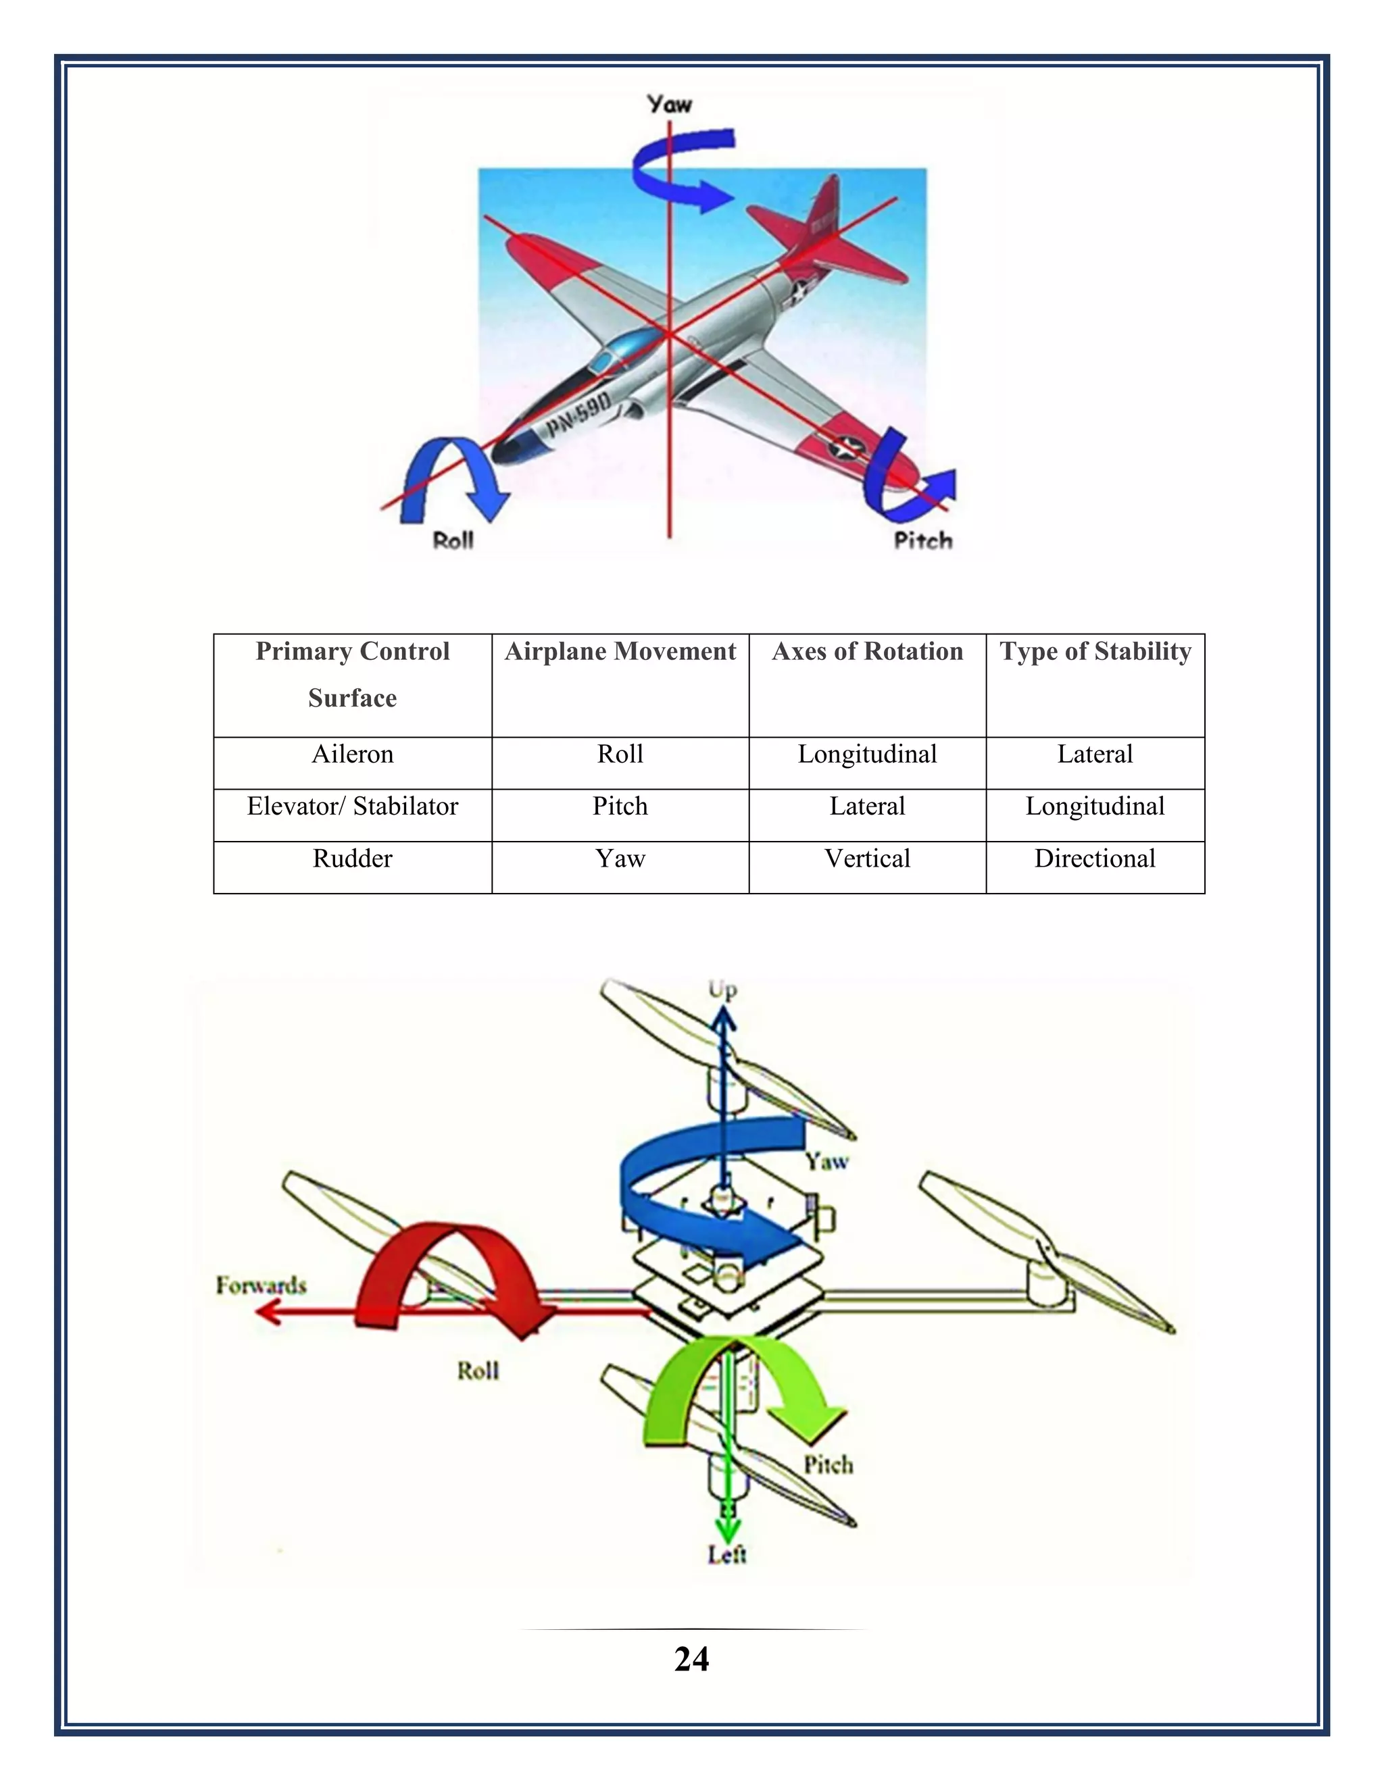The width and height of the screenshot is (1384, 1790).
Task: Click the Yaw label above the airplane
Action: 669,104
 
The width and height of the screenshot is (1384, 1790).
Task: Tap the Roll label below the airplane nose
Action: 453,541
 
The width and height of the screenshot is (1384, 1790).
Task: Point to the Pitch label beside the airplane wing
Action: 922,541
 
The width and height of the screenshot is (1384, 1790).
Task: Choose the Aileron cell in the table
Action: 353,754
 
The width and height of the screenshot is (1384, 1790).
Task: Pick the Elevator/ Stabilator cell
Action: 353,807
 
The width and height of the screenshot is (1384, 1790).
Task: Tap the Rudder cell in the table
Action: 353,859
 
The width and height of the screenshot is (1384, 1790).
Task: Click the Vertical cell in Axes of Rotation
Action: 866,859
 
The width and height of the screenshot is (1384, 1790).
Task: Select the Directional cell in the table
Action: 1095,859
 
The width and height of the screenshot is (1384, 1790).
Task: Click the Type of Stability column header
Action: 1095,652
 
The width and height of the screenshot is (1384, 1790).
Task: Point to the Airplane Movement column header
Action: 620,652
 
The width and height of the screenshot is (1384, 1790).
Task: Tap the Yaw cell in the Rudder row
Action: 620,859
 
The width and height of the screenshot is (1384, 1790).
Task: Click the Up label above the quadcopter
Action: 722,990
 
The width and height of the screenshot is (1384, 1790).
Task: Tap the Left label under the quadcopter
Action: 726,1554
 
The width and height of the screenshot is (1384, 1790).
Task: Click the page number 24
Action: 691,1659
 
